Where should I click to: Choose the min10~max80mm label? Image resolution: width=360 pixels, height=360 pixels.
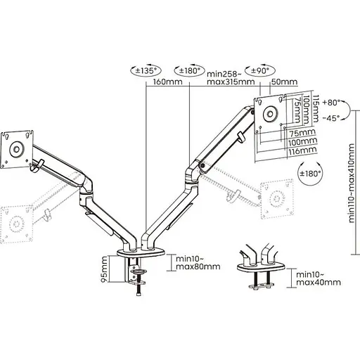coord(198,262)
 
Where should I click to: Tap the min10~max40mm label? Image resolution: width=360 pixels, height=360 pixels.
coord(319,278)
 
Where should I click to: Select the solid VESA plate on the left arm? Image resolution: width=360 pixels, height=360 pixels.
coord(15,148)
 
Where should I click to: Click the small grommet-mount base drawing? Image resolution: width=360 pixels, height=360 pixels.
coord(262,267)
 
